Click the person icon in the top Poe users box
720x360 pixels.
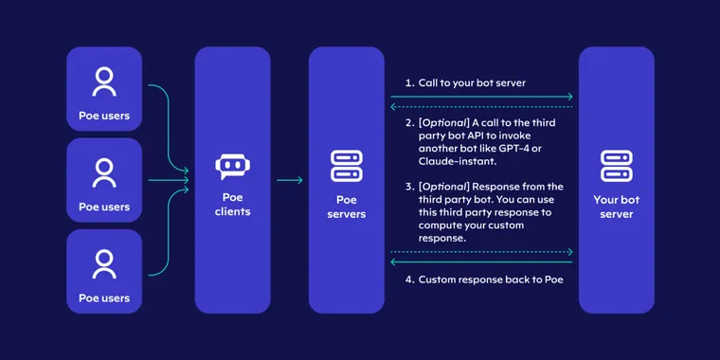point(104,82)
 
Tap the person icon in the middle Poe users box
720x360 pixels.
point(104,172)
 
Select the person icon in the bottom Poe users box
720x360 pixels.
point(104,263)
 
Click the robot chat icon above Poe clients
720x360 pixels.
point(232,168)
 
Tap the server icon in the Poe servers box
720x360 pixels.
point(346,166)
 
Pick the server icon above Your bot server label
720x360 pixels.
point(616,166)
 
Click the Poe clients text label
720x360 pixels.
point(232,205)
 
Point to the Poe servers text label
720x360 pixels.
point(346,207)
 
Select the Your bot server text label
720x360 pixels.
point(616,207)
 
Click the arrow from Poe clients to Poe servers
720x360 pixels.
point(290,180)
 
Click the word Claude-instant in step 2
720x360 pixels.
point(451,162)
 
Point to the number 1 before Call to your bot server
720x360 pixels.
point(408,83)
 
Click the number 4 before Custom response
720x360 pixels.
point(409,279)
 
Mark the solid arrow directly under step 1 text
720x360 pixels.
point(482,97)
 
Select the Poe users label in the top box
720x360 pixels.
point(104,117)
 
